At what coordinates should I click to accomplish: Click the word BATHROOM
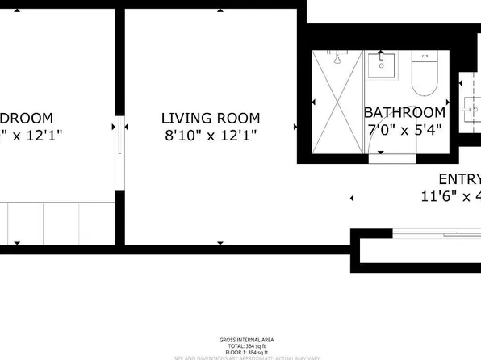(x=404, y=113)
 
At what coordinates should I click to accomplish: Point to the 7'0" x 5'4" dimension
(x=405, y=129)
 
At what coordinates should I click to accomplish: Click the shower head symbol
(x=338, y=60)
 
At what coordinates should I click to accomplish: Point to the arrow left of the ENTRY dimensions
(x=352, y=198)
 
